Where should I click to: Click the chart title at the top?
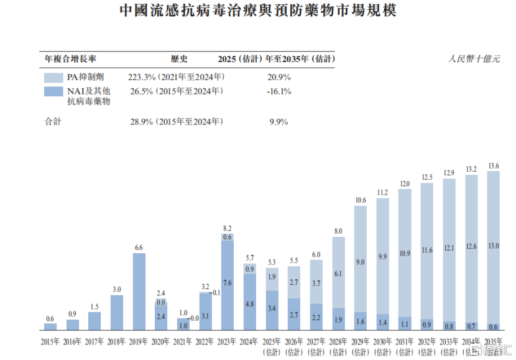257,11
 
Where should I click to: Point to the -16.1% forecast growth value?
278,91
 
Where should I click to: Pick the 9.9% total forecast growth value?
278,122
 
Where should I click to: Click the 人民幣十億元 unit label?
474,59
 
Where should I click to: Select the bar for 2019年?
139,290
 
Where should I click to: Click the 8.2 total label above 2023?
228,228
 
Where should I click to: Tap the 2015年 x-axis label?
50,341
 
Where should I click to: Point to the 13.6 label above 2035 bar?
494,165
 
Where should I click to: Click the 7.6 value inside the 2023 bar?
228,283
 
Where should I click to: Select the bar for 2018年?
117,312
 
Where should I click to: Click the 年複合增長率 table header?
70,59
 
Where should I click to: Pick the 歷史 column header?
179,59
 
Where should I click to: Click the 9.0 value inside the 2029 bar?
361,262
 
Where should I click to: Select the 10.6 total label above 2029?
361,200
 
